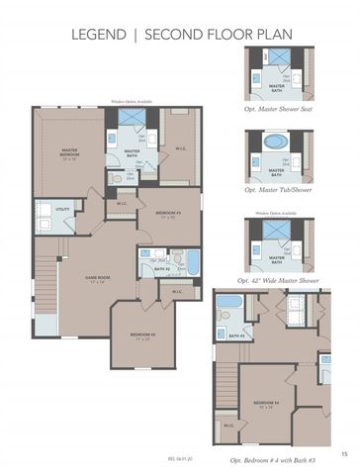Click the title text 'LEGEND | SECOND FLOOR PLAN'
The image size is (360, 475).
(x=179, y=35)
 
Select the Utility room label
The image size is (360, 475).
(x=62, y=210)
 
